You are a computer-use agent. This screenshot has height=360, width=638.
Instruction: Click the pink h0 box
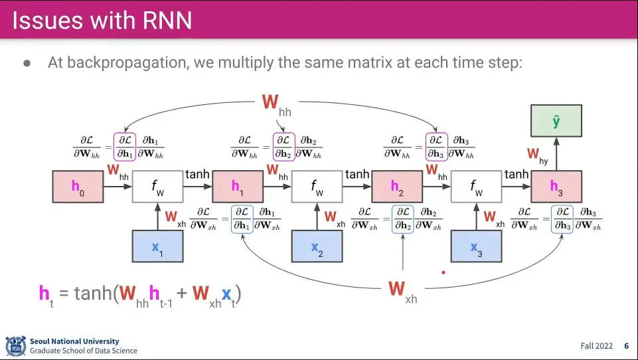coord(78,187)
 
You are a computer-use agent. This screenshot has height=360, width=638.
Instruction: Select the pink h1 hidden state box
coord(237,187)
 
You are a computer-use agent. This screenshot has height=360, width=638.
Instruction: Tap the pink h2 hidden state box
coord(396,187)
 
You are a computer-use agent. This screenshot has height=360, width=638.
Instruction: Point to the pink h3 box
coord(556,187)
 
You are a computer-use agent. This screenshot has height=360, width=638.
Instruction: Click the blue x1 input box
coord(157,246)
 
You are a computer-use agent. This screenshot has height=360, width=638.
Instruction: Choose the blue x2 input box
coord(317,246)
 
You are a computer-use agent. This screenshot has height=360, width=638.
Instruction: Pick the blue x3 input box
coord(476,246)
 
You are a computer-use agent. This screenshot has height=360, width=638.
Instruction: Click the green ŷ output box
coord(556,122)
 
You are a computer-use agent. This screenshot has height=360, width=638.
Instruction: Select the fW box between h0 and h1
coord(157,187)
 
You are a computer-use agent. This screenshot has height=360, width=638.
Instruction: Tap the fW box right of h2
coord(476,187)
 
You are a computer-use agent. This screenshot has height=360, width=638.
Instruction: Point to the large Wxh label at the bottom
coord(402,291)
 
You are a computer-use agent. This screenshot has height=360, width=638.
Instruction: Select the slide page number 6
coord(626,346)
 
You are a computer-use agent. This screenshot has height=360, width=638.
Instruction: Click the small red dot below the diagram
coord(443,272)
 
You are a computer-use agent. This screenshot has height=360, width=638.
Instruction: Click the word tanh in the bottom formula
coord(92,293)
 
